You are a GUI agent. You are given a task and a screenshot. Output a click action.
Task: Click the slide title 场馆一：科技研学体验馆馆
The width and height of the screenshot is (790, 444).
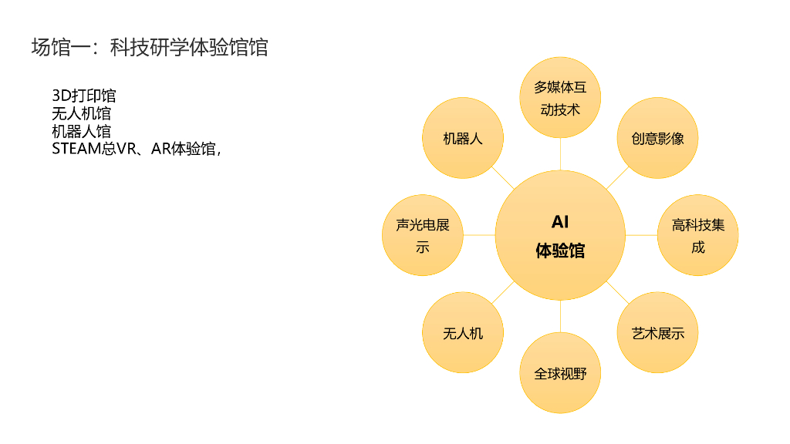tap(150, 47)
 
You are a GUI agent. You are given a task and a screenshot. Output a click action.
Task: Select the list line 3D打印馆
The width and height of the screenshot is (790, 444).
tap(84, 96)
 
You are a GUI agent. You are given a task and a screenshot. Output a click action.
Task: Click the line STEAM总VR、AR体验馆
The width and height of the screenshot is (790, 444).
tap(136, 149)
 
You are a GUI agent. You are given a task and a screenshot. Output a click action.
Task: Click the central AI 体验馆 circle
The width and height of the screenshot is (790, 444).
tap(560, 235)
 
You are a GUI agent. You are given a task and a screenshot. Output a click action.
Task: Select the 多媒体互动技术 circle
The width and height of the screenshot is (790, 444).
tap(560, 98)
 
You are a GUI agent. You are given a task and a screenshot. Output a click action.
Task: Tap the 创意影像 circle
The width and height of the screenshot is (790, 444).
tap(657, 138)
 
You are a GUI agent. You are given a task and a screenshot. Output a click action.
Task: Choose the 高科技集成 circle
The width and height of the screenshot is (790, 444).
tap(697, 235)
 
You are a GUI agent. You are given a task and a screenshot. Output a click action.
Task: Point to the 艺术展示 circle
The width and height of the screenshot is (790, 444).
tap(657, 332)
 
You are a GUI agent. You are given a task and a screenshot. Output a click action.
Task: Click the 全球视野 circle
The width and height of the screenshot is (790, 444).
tap(560, 373)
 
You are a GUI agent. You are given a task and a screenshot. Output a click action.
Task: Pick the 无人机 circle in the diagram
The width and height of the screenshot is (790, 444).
tap(463, 332)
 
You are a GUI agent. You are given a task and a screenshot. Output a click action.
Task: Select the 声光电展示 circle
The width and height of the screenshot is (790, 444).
tap(423, 235)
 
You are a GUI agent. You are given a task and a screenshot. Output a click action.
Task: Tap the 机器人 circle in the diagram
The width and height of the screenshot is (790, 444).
tap(463, 138)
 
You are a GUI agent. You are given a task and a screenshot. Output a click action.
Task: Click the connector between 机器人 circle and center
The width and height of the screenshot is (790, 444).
tap(504, 179)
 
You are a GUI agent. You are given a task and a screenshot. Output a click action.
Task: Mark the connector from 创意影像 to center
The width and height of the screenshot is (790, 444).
tap(616, 179)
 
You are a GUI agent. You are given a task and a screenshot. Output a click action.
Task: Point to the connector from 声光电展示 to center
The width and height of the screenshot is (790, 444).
tap(479, 235)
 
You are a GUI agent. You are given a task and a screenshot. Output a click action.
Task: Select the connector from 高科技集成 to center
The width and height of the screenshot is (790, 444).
tap(641, 235)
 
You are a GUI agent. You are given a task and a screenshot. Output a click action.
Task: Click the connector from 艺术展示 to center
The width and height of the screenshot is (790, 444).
tap(616, 291)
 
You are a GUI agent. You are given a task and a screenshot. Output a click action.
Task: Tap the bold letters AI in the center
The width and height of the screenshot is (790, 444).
tap(560, 222)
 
